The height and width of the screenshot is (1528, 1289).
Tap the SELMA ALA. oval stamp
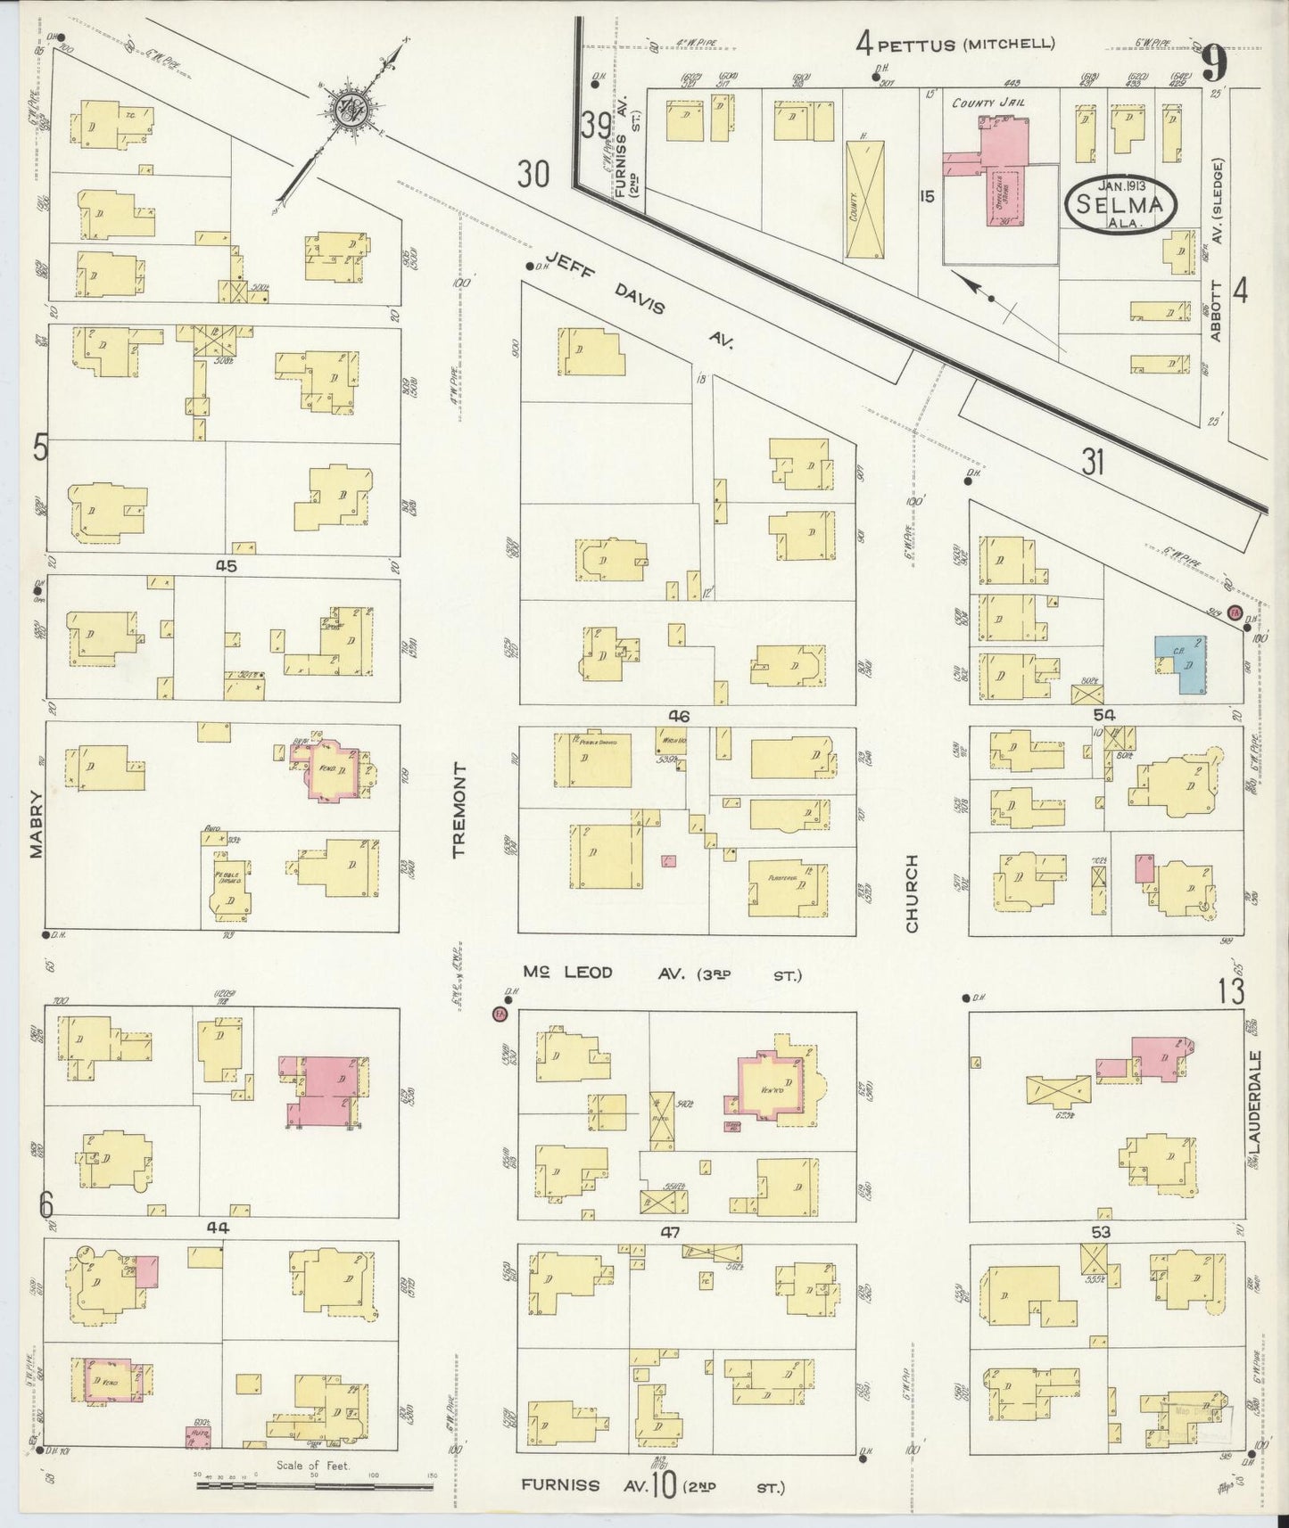point(1120,205)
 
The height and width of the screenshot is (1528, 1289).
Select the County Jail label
point(987,103)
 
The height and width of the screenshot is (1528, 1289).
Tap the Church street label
point(912,894)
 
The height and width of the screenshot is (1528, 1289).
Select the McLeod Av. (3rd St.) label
point(662,974)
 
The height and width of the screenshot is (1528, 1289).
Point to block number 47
point(671,1233)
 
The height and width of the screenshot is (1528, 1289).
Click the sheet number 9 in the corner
point(1212,64)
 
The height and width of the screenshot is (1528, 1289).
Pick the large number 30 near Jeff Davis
point(533,175)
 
